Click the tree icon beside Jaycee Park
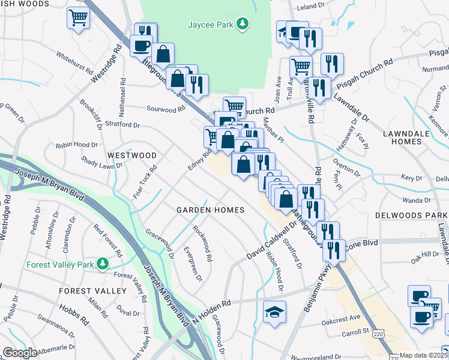click(x=242, y=23)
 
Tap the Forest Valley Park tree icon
click(x=103, y=263)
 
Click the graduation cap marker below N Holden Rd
click(x=274, y=312)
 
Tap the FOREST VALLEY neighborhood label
click(x=93, y=291)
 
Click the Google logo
click(x=20, y=352)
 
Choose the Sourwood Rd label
click(x=166, y=110)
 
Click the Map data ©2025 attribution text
click(x=424, y=355)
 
